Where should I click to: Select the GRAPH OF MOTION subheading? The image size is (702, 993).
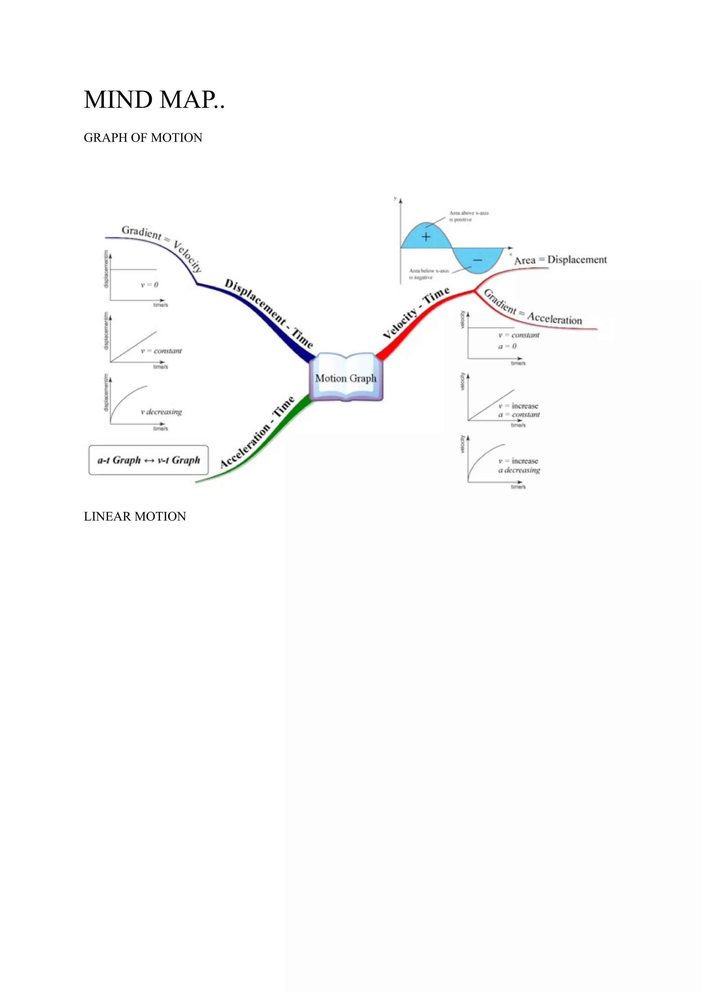(143, 137)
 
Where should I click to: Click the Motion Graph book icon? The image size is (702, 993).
(346, 378)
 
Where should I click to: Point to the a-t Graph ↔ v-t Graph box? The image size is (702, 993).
(148, 460)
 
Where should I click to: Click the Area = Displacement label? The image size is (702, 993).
(560, 260)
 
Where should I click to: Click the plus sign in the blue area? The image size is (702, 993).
(426, 236)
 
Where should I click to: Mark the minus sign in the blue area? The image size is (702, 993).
(477, 260)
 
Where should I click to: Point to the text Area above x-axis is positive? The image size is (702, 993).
(469, 216)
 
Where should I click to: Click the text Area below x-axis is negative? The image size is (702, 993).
(429, 274)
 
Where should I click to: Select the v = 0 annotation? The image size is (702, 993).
(150, 285)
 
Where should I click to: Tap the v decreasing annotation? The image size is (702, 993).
(161, 412)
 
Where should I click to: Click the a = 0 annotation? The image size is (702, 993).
(507, 346)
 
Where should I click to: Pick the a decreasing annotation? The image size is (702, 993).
(519, 470)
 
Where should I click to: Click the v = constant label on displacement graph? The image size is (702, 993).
(161, 351)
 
